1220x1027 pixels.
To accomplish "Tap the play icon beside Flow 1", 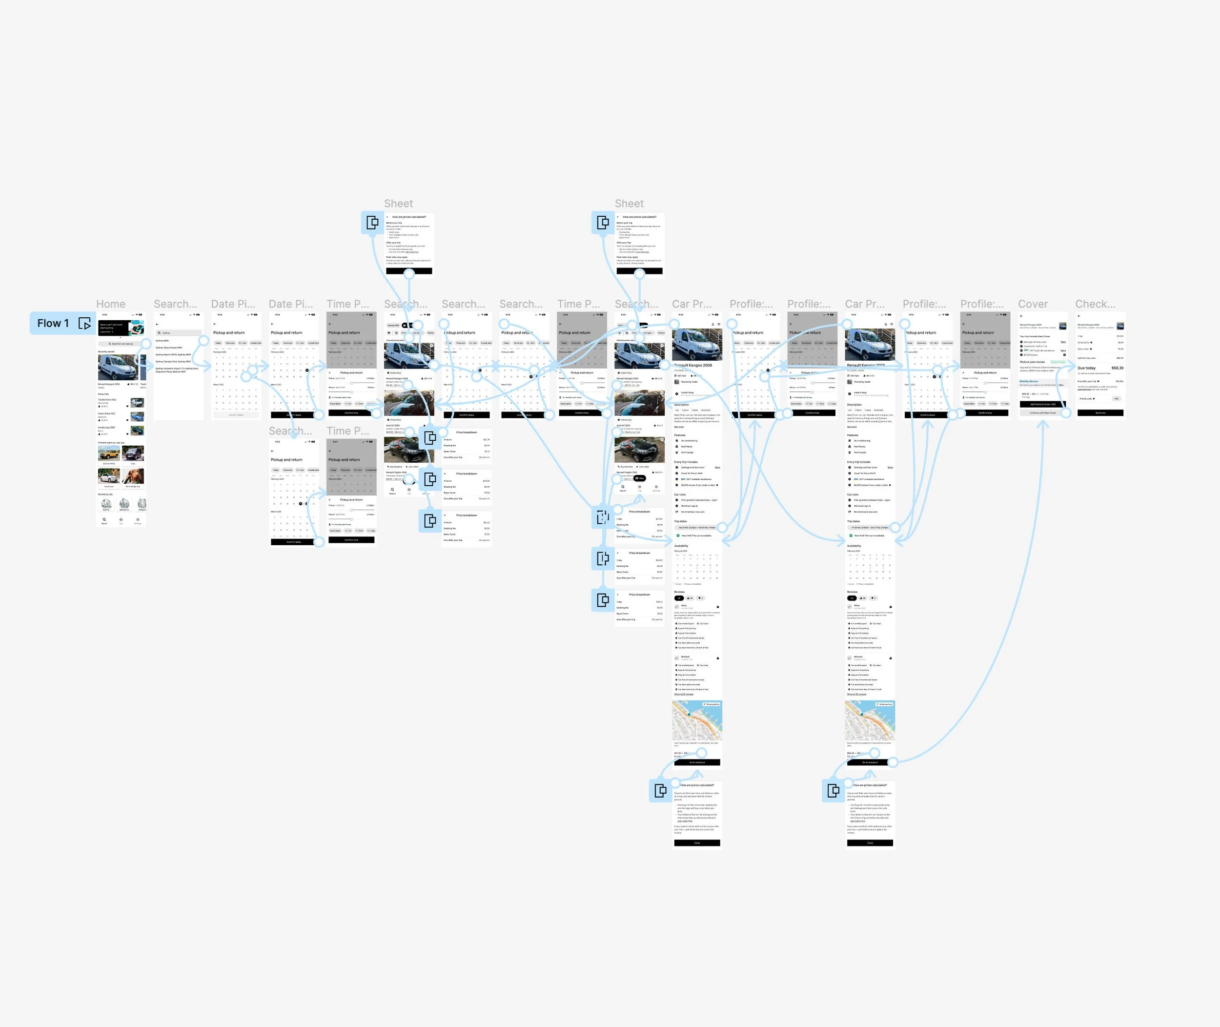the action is [x=84, y=324].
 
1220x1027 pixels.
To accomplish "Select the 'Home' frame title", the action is [x=111, y=304].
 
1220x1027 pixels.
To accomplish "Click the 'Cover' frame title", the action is [x=1033, y=304].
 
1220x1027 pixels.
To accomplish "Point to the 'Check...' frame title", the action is [x=1095, y=304].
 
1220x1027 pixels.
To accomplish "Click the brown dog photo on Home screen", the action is [x=133, y=477].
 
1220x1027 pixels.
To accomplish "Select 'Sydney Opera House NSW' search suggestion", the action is [x=169, y=348].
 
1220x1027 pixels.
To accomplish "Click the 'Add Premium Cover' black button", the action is [x=1042, y=404].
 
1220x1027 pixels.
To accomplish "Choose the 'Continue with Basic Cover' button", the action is [x=1042, y=413].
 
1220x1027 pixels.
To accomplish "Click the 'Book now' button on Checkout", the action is [x=1100, y=413].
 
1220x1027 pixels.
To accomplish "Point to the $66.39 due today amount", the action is [x=1117, y=368].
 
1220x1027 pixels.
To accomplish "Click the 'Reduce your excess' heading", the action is [x=1032, y=362].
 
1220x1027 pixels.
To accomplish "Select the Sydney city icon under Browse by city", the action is [x=106, y=504].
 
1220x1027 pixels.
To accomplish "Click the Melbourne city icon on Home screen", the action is [x=124, y=504].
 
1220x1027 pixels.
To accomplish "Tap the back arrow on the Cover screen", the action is [x=1021, y=316].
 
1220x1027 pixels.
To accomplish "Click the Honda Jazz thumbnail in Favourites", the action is [x=137, y=430].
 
